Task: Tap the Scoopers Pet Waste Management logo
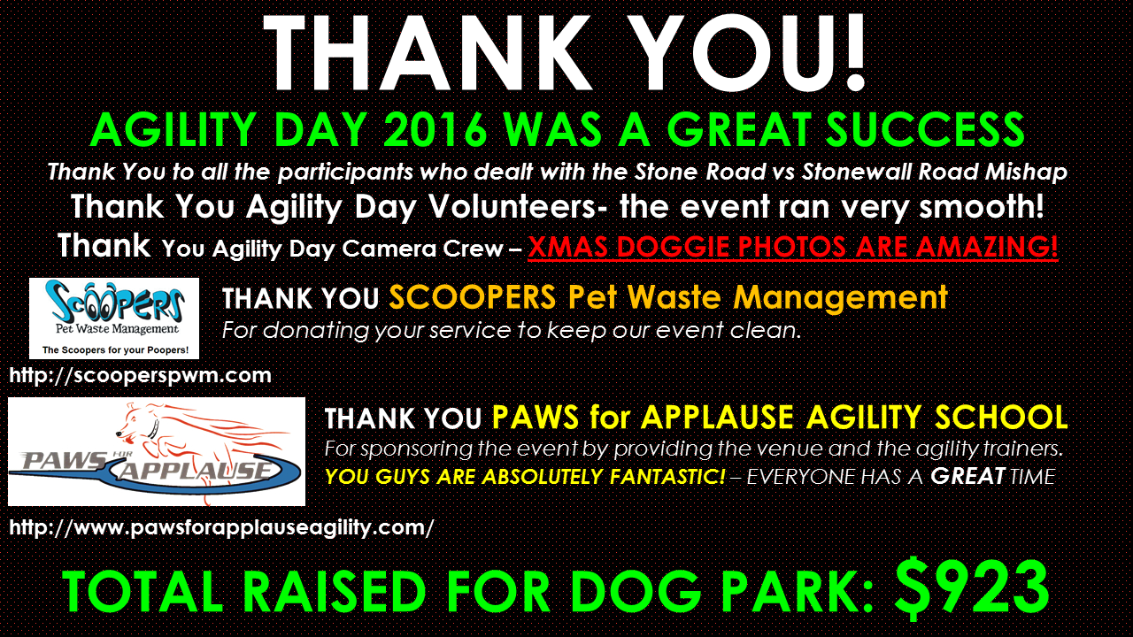click(x=114, y=318)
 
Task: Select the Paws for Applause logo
click(x=157, y=451)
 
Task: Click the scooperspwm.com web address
click(x=140, y=375)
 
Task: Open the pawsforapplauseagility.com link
click(x=221, y=528)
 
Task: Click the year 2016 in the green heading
click(x=435, y=129)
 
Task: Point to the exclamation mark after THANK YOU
click(x=855, y=53)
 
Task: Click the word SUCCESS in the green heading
click(x=925, y=129)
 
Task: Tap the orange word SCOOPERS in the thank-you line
click(x=473, y=297)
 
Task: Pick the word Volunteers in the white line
click(x=513, y=207)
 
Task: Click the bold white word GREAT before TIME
click(x=967, y=476)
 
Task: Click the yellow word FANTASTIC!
click(x=667, y=477)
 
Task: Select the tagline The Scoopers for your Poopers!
click(x=115, y=349)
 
